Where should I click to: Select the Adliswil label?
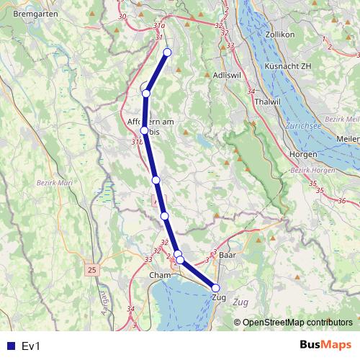point(228,76)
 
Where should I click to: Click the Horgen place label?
point(303,154)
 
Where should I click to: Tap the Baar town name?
point(228,256)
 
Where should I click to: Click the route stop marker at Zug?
point(216,288)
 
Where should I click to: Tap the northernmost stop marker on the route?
point(167,52)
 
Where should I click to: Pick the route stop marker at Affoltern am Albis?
point(145,130)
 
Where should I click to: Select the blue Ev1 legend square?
point(8,346)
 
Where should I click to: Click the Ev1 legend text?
point(31,346)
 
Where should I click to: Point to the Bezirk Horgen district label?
point(312,170)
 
